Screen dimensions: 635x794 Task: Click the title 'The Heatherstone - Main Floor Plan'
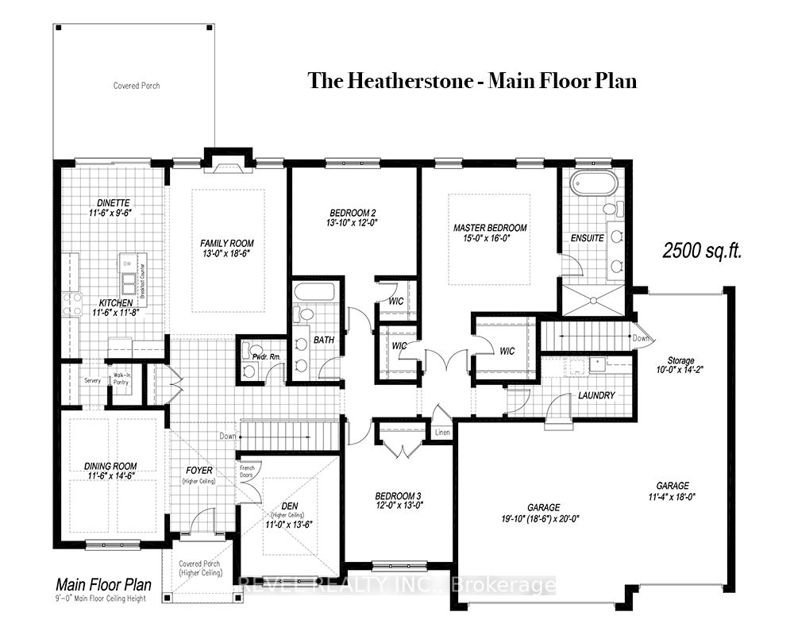(x=472, y=81)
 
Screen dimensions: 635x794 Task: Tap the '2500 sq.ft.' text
(x=703, y=251)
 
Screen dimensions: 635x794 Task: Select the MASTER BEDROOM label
(x=490, y=228)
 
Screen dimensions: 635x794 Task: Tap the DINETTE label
(x=109, y=203)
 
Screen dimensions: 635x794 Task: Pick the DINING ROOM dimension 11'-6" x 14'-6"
(x=110, y=476)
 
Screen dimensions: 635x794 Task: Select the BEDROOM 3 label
(x=398, y=496)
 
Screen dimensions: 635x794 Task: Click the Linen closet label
(x=441, y=432)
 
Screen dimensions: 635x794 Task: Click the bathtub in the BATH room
(x=315, y=291)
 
